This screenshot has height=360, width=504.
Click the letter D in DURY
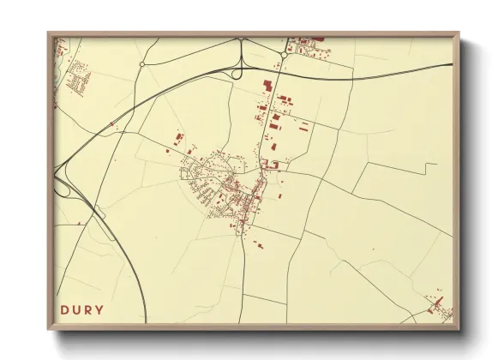pos(65,309)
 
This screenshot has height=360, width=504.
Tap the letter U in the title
pos(77,309)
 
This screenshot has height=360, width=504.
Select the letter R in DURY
pos(89,309)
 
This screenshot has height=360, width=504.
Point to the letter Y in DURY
pos(100,309)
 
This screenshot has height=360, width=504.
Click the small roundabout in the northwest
pos(142,64)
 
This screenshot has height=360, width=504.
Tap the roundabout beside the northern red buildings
pos(284,57)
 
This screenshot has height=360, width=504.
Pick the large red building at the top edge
pos(315,38)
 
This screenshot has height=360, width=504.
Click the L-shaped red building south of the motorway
pos(266,86)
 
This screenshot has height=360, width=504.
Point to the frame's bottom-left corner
pos(48,328)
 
